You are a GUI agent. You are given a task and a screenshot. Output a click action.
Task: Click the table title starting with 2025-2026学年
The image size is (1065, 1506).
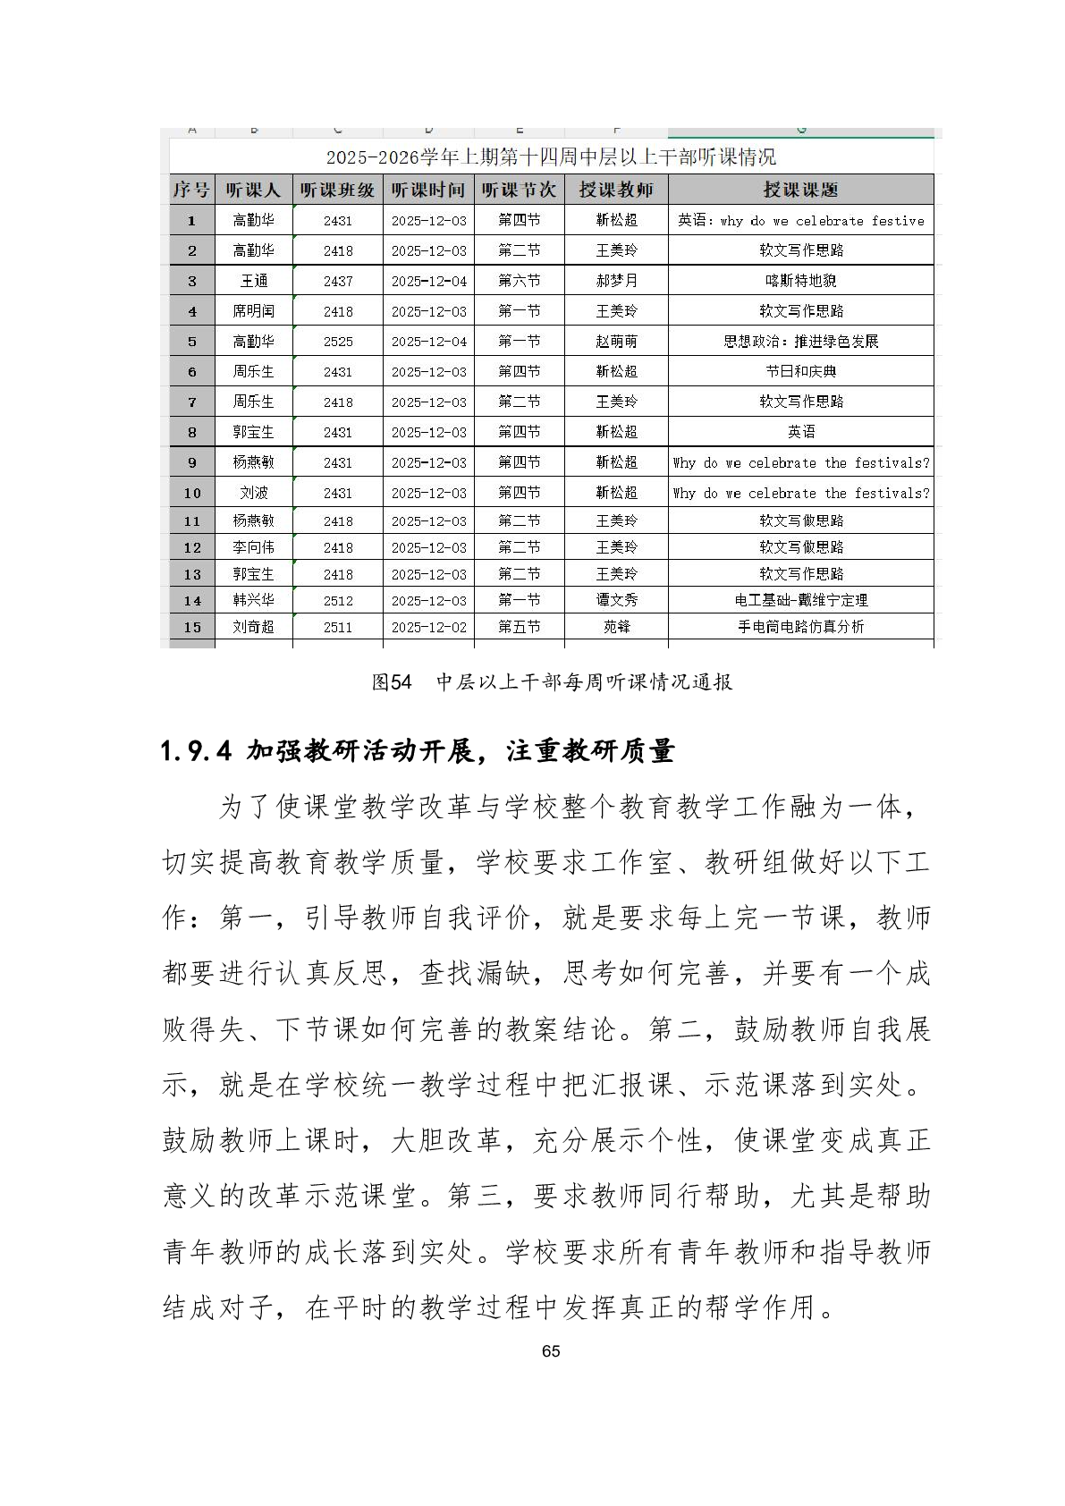pyautogui.click(x=551, y=157)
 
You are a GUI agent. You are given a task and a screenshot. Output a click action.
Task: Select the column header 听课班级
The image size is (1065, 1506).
pyautogui.click(x=337, y=190)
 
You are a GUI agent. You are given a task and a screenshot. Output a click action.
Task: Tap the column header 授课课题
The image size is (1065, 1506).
pyautogui.click(x=800, y=190)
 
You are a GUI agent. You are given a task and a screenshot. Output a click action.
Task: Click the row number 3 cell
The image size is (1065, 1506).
pyautogui.click(x=192, y=281)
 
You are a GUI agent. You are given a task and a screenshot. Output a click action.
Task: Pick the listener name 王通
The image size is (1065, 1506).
pyautogui.click(x=254, y=281)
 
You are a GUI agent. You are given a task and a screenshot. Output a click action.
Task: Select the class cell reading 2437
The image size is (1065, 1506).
pyautogui.click(x=338, y=281)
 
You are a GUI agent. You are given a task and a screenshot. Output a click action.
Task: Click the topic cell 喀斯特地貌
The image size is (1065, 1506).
pyautogui.click(x=800, y=281)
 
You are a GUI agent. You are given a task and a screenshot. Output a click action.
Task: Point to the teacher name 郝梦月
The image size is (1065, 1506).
pyautogui.click(x=616, y=281)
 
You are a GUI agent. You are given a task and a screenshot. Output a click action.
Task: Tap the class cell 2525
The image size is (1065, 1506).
pyautogui.click(x=338, y=342)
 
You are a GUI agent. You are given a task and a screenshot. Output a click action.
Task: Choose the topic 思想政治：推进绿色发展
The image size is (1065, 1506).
pyautogui.click(x=800, y=342)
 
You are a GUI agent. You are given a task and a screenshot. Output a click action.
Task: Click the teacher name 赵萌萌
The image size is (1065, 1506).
pyautogui.click(x=616, y=342)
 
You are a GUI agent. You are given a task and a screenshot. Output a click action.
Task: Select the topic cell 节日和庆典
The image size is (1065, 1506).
pyautogui.click(x=800, y=371)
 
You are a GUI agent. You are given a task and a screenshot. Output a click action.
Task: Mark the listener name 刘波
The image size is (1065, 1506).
pyautogui.click(x=254, y=493)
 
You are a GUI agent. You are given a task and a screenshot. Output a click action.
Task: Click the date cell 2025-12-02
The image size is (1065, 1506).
pyautogui.click(x=429, y=627)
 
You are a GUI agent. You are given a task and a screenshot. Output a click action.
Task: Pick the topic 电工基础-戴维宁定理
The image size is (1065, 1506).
pyautogui.click(x=800, y=600)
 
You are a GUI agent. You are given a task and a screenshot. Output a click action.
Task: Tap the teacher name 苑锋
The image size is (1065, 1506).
pyautogui.click(x=616, y=627)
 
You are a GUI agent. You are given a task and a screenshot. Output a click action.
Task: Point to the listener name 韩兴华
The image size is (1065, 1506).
pyautogui.click(x=254, y=600)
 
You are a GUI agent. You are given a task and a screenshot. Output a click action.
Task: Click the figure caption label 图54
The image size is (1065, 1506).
pyautogui.click(x=392, y=682)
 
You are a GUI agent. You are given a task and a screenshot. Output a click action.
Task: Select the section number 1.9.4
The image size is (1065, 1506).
pyautogui.click(x=197, y=751)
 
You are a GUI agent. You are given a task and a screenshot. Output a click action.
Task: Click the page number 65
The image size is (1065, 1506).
pyautogui.click(x=551, y=1351)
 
